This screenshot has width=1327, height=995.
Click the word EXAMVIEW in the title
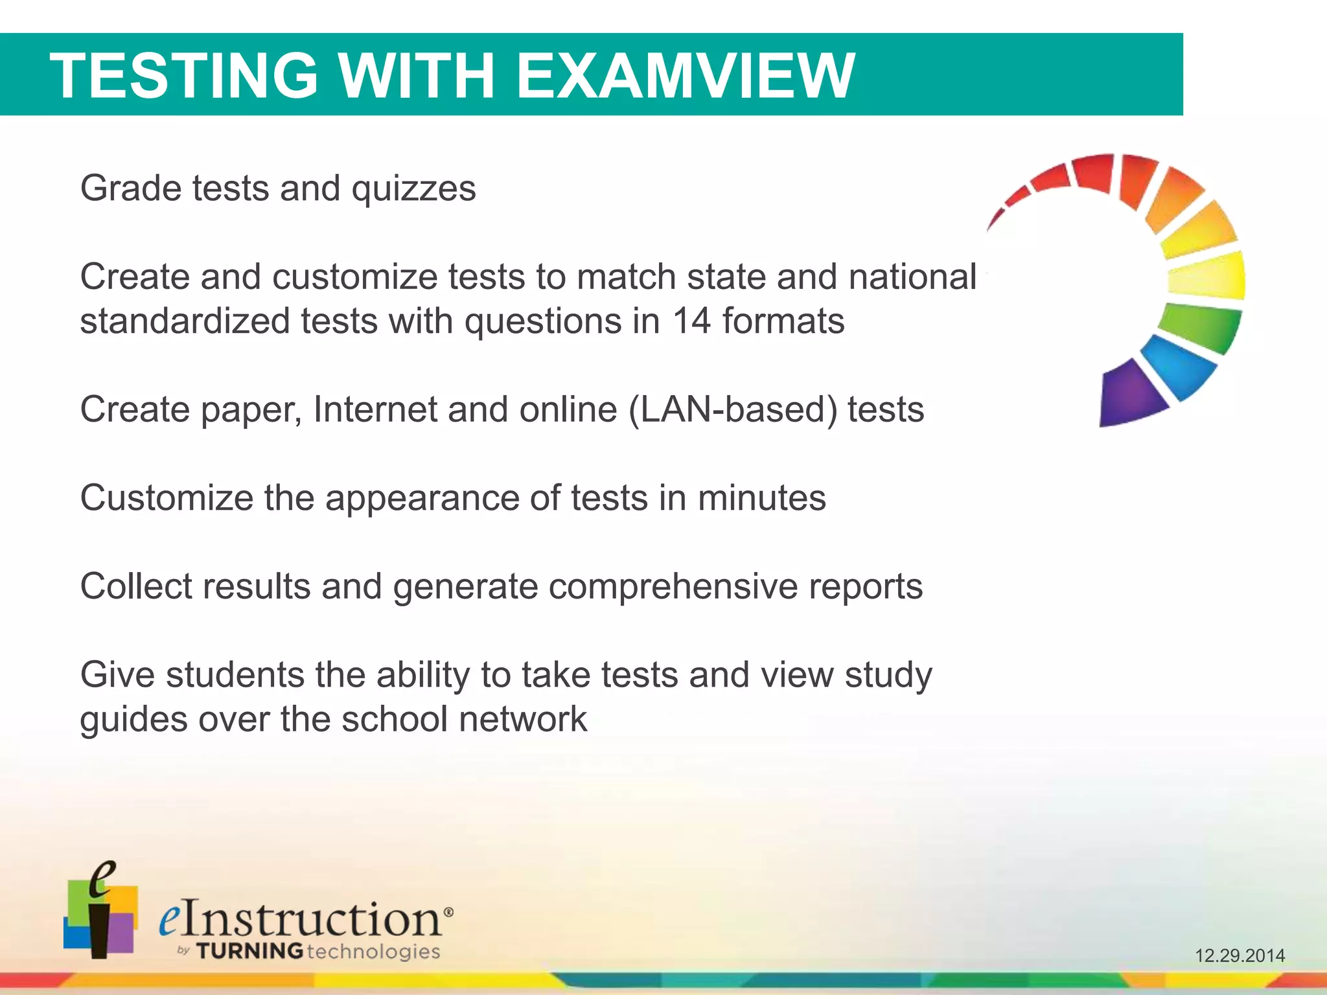click(686, 76)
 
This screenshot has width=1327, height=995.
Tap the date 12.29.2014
click(1240, 955)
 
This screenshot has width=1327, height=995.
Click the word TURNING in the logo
click(249, 951)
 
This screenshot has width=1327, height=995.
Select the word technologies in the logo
click(373, 951)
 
